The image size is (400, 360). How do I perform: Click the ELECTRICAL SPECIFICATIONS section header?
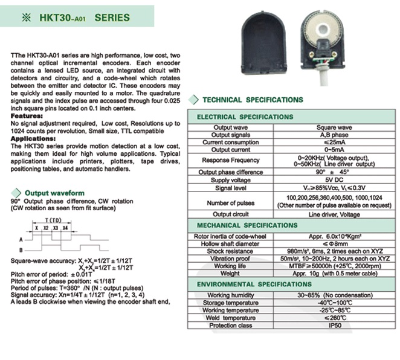click(x=245, y=116)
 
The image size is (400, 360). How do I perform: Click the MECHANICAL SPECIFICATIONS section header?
click(x=245, y=225)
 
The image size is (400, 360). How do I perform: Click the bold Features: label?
click(x=27, y=115)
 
